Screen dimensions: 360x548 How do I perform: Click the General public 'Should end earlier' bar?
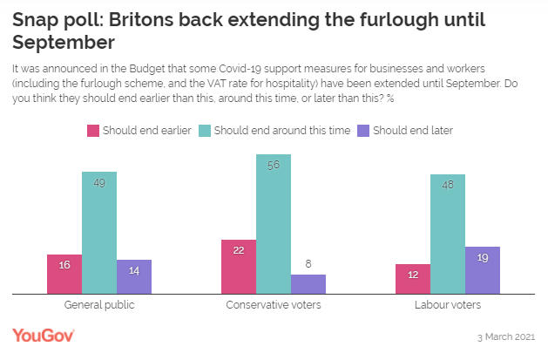tap(64, 275)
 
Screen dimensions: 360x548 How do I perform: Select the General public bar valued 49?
tap(99, 233)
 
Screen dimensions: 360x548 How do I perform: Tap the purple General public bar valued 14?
tap(134, 277)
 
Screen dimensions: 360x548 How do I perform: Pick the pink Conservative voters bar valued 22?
tap(239, 267)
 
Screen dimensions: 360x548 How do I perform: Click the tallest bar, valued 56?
tap(274, 225)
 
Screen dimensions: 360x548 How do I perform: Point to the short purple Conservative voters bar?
tap(308, 284)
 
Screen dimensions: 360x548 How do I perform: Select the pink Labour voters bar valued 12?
tap(413, 279)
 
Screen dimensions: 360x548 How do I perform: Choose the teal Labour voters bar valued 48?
tap(448, 234)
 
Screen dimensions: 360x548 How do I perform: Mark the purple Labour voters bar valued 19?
tap(483, 270)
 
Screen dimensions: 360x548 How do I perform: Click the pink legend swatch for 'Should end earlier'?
tap(91, 131)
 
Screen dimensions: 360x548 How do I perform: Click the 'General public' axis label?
tap(99, 306)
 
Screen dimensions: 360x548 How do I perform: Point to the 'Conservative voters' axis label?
tap(274, 306)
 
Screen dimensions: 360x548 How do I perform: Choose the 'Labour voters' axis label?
tap(448, 306)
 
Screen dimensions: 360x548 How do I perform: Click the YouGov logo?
tap(44, 336)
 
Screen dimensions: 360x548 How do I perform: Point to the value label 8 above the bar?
tap(308, 263)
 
